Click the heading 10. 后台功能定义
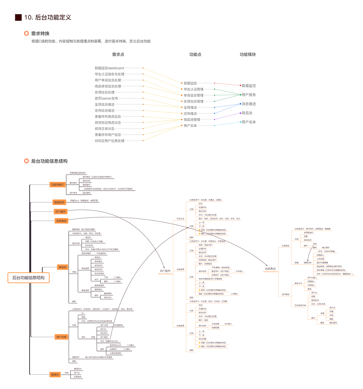pyautogui.click(x=47, y=17)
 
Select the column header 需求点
pyautogui.click(x=118, y=54)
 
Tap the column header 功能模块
pyautogui.click(x=248, y=54)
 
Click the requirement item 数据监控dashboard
pyautogui.click(x=109, y=68)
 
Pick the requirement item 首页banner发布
pyautogui.click(x=106, y=98)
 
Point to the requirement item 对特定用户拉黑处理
pyautogui.click(x=109, y=141)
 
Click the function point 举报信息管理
pyautogui.click(x=193, y=95)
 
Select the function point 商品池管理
pyautogui.click(x=192, y=120)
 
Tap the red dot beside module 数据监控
pyautogui.click(x=240, y=86)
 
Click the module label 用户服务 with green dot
pyautogui.click(x=249, y=95)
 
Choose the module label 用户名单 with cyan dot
pyautogui.click(x=249, y=122)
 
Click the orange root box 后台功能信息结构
pyautogui.click(x=28, y=278)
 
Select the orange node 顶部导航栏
pyautogui.click(x=58, y=185)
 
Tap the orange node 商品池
pyautogui.click(x=62, y=267)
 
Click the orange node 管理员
pyautogui.click(x=55, y=375)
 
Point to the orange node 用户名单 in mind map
pyautogui.click(x=61, y=337)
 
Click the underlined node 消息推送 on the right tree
pyautogui.click(x=270, y=269)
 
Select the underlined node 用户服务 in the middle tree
pyautogui.click(x=165, y=271)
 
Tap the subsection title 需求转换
pyautogui.click(x=40, y=34)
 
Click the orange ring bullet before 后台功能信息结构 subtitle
pyautogui.click(x=26, y=161)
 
